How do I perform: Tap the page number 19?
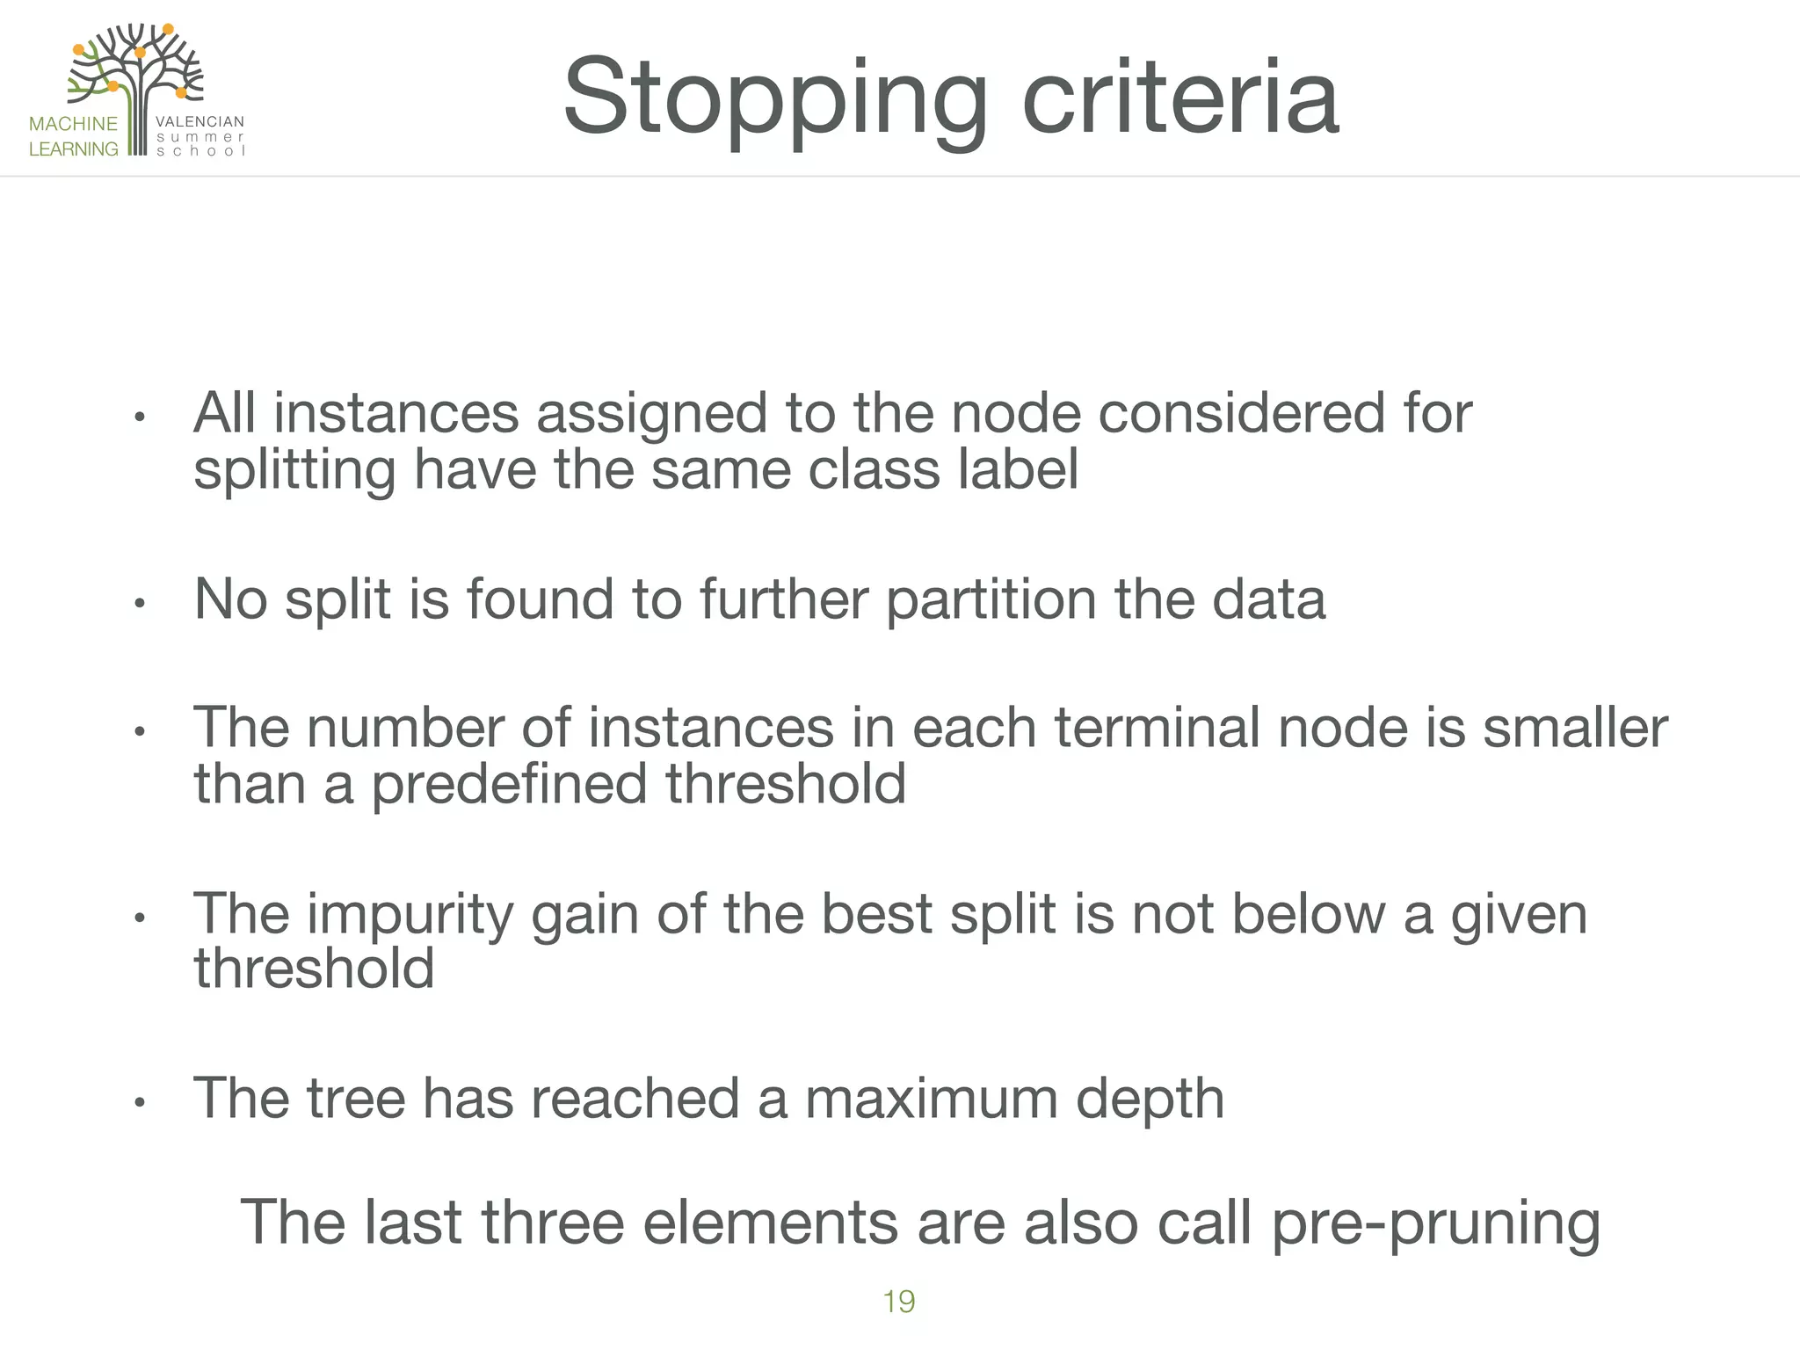(x=898, y=1302)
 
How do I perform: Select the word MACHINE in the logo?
(x=73, y=124)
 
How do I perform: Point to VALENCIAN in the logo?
(x=200, y=121)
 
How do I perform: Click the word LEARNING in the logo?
(x=73, y=149)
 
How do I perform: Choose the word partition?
(x=991, y=600)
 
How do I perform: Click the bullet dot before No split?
(x=139, y=604)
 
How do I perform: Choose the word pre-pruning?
(x=1435, y=1223)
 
